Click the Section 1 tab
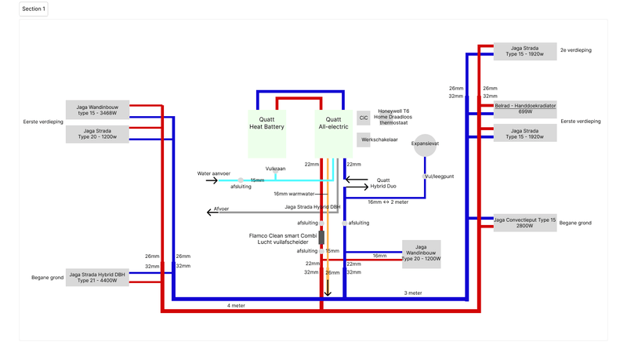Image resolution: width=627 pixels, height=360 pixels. point(34,9)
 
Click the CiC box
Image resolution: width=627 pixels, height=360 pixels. point(363,118)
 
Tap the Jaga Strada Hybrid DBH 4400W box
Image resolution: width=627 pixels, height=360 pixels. point(100,277)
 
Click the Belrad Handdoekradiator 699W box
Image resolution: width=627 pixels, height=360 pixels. point(525,109)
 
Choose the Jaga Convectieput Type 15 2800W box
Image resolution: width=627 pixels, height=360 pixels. point(525,223)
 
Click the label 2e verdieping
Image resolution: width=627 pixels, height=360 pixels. point(575,50)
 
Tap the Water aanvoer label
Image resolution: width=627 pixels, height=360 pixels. point(214,173)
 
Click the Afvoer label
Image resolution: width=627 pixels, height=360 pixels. point(223,209)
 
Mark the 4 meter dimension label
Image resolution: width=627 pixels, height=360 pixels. point(235,304)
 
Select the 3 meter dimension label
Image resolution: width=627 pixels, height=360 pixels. point(412,293)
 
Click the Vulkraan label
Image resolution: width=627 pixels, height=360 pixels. point(275,168)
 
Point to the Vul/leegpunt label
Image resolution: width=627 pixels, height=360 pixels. point(438,176)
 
